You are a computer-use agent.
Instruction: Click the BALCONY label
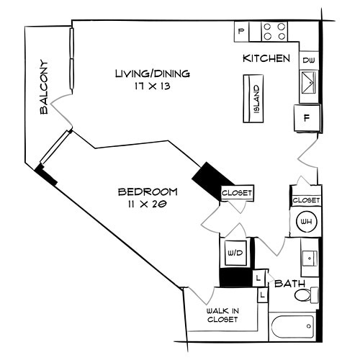point(44,87)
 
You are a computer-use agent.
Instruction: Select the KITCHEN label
point(266,58)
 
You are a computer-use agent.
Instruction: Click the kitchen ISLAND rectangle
point(256,99)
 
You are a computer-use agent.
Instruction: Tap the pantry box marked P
point(241,31)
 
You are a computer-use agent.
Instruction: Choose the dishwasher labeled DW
point(308,60)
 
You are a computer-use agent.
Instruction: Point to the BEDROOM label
point(148,192)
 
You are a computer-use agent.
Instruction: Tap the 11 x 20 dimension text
point(148,204)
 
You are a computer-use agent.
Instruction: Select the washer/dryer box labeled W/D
point(235,253)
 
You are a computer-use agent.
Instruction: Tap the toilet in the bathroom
point(305,294)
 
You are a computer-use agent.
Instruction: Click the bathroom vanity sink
point(310,257)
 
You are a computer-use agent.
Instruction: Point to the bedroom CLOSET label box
point(237,193)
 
